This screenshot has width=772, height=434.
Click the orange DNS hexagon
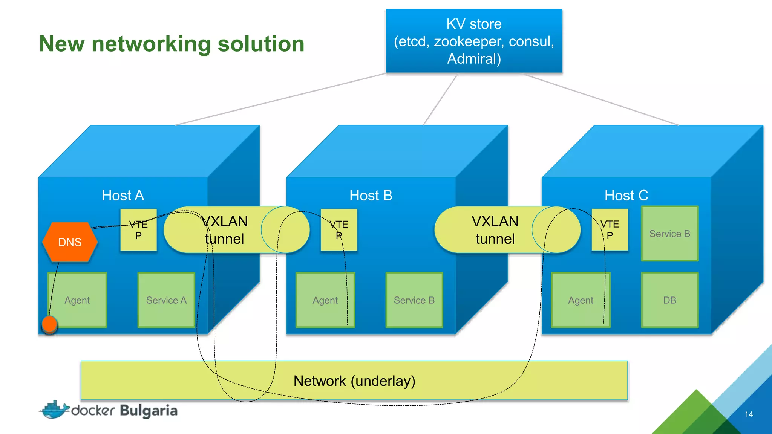[x=70, y=242]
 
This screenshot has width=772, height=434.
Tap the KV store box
[x=474, y=41]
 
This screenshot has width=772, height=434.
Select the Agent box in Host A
[x=77, y=300]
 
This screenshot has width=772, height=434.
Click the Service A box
[x=166, y=300]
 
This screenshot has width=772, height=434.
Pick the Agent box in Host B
[x=325, y=300]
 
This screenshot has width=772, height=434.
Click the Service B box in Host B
[x=414, y=300]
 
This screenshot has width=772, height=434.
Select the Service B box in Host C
[x=669, y=234]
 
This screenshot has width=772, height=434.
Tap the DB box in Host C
[x=669, y=300]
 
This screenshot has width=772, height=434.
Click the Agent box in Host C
[x=581, y=300]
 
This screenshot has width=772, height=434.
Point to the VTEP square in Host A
[x=138, y=230]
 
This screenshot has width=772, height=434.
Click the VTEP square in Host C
[x=610, y=230]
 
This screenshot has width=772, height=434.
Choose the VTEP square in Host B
[x=339, y=230]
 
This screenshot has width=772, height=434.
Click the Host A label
[x=123, y=195]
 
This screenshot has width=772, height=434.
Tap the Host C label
[x=626, y=195]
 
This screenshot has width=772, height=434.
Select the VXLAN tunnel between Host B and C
[x=495, y=230]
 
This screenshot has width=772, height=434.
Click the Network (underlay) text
[x=354, y=381]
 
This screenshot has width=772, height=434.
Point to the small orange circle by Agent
[x=49, y=324]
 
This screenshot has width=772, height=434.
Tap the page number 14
[x=749, y=414]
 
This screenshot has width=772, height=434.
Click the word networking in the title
[x=151, y=44]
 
